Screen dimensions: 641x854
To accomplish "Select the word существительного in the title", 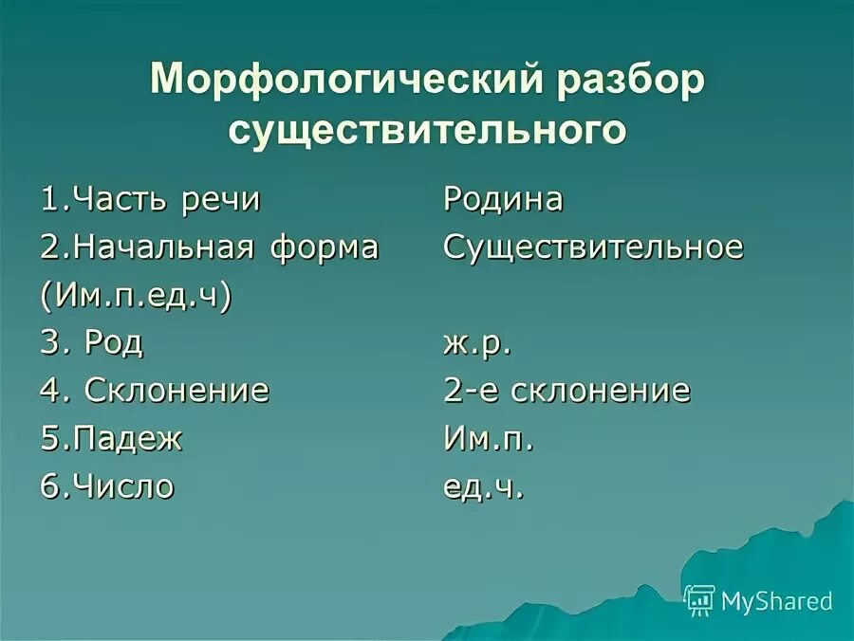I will (427, 130).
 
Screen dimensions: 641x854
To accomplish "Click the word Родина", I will (503, 200).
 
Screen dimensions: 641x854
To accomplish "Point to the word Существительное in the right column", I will (593, 247).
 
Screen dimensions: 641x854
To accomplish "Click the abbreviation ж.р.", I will (477, 342).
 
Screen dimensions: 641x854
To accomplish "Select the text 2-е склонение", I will (566, 390).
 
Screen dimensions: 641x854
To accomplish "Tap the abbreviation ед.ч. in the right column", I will (483, 487).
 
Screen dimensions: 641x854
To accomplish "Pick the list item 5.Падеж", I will (111, 439).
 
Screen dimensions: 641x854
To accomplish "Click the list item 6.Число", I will (107, 487).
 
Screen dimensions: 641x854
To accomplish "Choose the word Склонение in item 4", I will (177, 390).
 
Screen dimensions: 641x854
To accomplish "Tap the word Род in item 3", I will (114, 342).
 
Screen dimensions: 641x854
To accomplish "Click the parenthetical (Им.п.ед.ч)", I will (137, 296).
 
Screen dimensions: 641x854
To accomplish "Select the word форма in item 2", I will (324, 247).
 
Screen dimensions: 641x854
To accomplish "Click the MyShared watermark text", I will (777, 600).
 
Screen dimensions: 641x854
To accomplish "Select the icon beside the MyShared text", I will (700, 600).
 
